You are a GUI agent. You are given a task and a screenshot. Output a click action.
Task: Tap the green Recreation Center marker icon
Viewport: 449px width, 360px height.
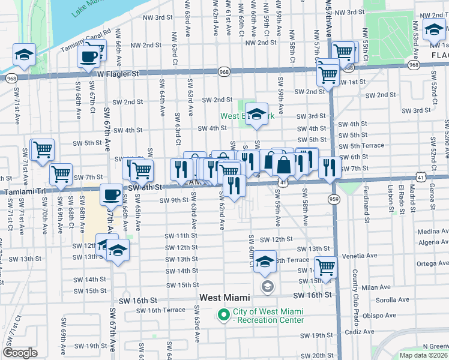[224, 314]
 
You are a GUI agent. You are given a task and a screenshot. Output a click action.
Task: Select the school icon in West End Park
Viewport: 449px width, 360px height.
[256, 115]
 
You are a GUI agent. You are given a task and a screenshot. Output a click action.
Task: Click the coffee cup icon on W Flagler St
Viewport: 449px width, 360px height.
[89, 58]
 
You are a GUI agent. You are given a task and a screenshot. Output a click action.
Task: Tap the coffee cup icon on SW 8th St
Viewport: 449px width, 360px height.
[111, 195]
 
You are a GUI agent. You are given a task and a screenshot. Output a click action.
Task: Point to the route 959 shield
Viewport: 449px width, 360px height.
[334, 198]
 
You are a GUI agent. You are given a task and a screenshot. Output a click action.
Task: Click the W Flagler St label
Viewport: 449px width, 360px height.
[118, 73]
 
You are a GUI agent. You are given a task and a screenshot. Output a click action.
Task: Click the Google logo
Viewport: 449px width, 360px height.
[20, 353]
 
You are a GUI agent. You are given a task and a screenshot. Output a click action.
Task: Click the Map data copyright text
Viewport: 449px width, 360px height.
[424, 355]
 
